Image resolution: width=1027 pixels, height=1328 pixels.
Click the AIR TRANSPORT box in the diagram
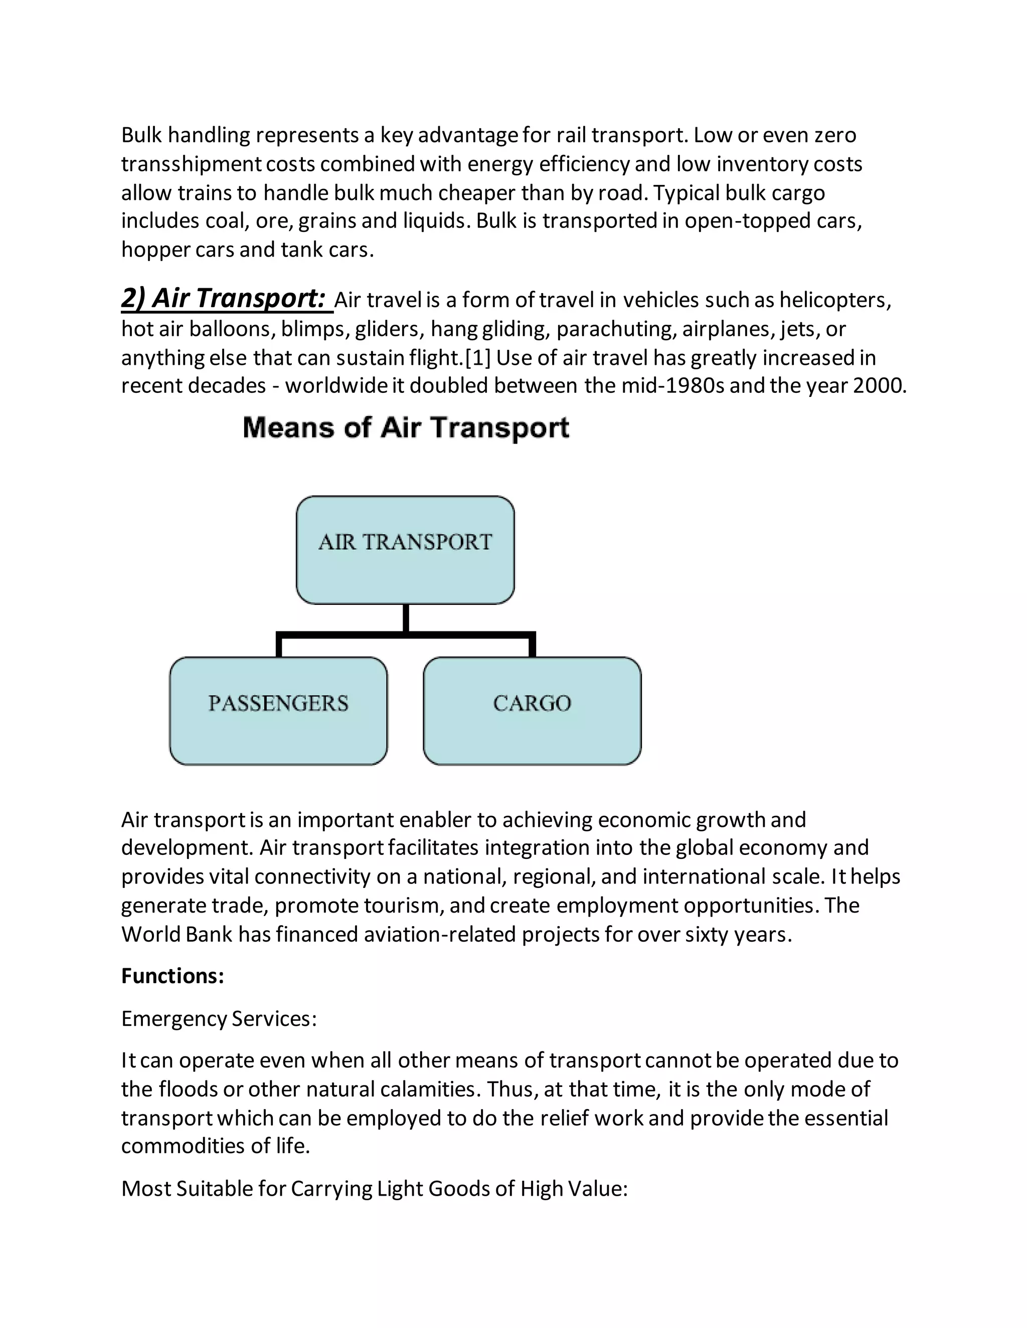point(405,550)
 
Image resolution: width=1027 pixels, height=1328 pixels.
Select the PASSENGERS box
point(278,710)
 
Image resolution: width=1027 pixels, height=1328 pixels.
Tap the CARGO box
point(532,710)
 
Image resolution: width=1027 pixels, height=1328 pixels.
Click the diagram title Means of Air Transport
point(406,427)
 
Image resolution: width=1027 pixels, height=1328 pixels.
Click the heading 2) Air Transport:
point(223,299)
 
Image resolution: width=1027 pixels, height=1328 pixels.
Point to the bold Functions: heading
point(173,976)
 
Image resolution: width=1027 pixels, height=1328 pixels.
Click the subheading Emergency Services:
point(219,1018)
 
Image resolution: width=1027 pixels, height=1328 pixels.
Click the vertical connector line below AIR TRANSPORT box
point(406,619)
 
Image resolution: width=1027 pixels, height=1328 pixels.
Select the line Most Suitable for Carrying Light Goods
point(374,1188)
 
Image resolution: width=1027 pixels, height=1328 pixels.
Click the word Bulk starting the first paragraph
point(141,135)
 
